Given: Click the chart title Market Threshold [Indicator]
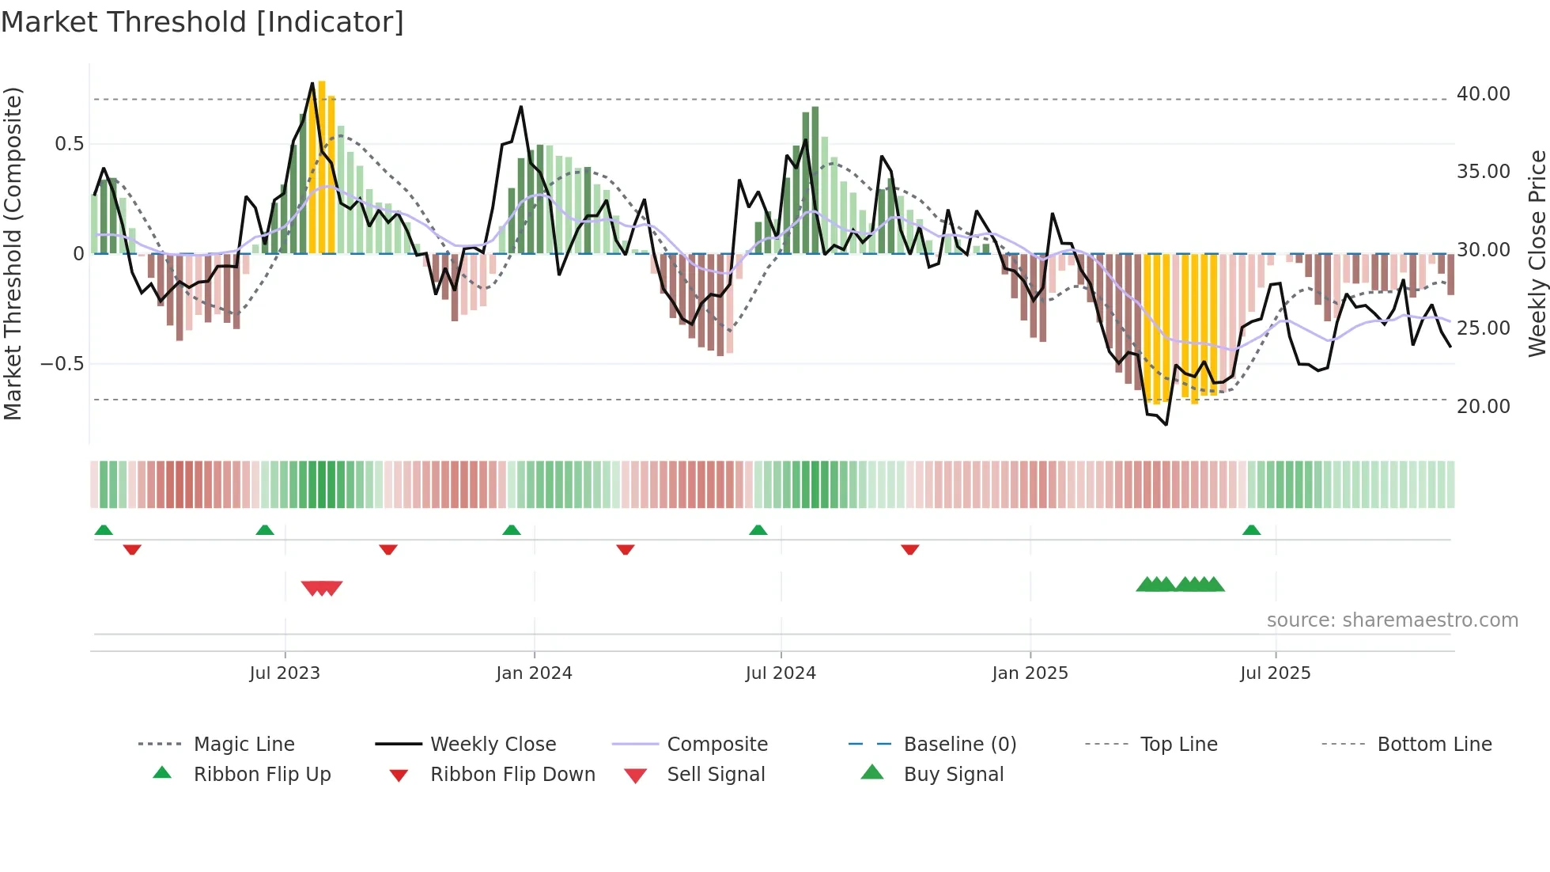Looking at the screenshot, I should pyautogui.click(x=202, y=22).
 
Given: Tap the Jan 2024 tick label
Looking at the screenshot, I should pyautogui.click(x=534, y=673).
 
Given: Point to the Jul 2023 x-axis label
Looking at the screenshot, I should pyautogui.click(x=285, y=673).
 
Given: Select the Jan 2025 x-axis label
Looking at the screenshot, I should pyautogui.click(x=1030, y=673).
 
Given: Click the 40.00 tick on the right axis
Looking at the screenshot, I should pyautogui.click(x=1483, y=94).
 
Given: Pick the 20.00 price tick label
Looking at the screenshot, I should pyautogui.click(x=1483, y=407).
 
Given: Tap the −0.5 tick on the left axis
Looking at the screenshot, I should pyautogui.click(x=62, y=364).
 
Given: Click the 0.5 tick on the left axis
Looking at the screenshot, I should pyautogui.click(x=69, y=144).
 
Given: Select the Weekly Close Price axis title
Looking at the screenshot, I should pyautogui.click(x=1537, y=253).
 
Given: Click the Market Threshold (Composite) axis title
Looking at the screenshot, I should pyautogui.click(x=13, y=253).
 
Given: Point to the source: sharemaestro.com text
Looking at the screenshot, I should pyautogui.click(x=1392, y=620).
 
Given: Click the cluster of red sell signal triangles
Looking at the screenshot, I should pyautogui.click(x=322, y=588).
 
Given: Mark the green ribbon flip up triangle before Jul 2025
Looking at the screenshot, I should pyautogui.click(x=1251, y=530).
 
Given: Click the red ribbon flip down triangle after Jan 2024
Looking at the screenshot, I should pyautogui.click(x=626, y=549).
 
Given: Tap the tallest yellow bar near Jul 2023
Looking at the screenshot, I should pyautogui.click(x=322, y=166).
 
